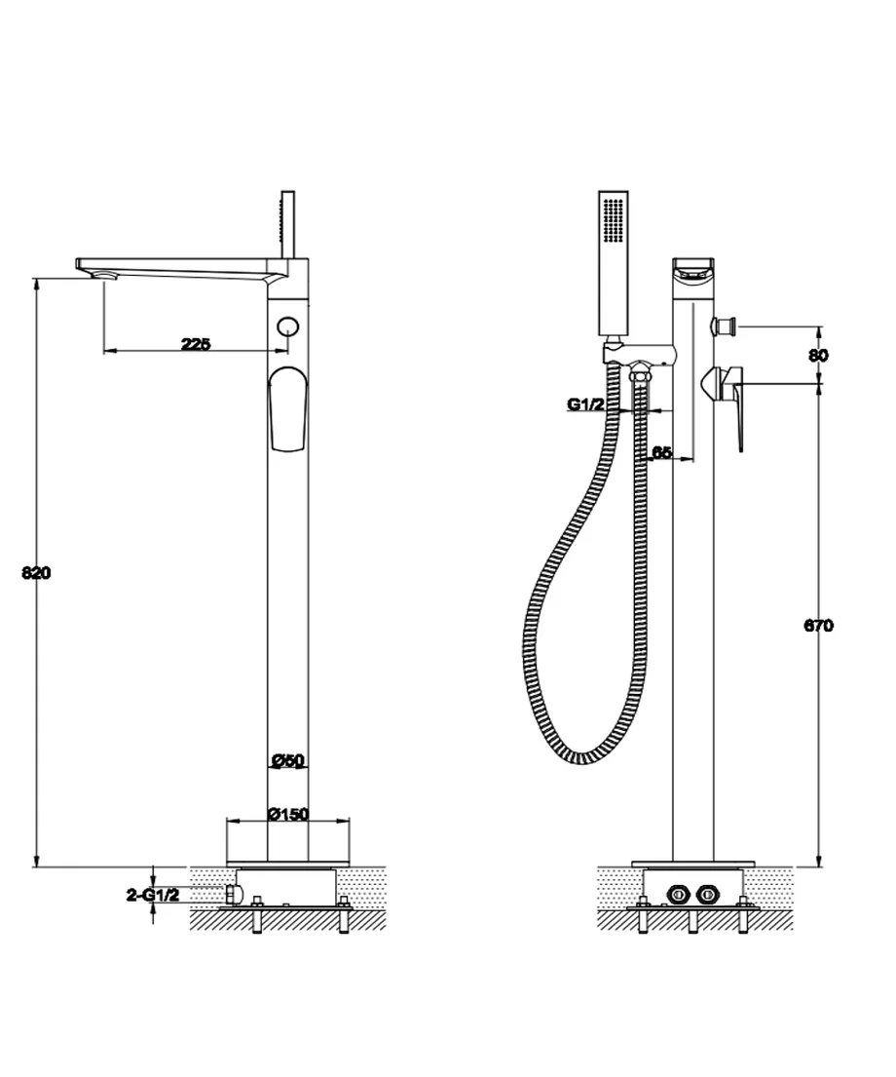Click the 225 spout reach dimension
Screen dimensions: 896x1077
tap(196, 344)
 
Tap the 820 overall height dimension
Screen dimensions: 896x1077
tap(36, 572)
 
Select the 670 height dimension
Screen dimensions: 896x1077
tap(818, 625)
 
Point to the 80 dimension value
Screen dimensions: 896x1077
tap(818, 355)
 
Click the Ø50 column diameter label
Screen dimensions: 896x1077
tap(287, 760)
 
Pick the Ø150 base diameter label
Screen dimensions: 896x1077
tap(288, 814)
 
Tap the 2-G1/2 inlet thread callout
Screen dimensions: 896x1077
tap(153, 895)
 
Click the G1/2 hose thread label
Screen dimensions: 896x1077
tap(585, 404)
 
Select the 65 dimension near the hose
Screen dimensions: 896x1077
tap(661, 452)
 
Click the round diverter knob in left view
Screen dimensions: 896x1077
tap(288, 327)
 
